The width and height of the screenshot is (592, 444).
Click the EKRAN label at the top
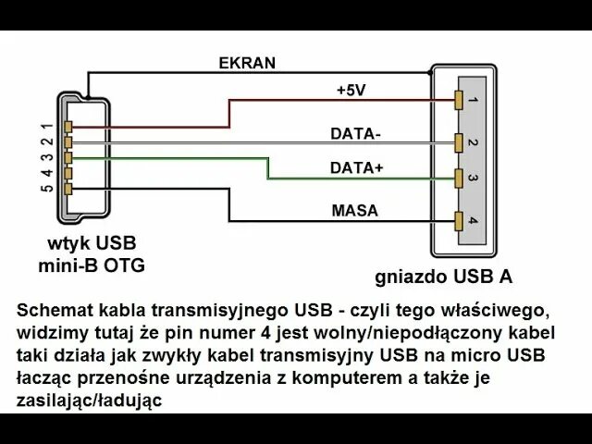pyautogui.click(x=247, y=63)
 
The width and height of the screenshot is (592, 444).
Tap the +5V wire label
pyautogui.click(x=352, y=91)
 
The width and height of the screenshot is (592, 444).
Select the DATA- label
pyautogui.click(x=355, y=133)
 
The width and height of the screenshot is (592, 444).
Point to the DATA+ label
pyautogui.click(x=356, y=168)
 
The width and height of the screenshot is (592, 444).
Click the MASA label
pyautogui.click(x=355, y=211)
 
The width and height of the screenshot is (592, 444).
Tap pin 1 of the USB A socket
pyautogui.click(x=460, y=99)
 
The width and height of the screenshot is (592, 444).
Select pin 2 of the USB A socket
pyautogui.click(x=460, y=142)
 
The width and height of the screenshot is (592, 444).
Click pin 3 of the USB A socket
pyautogui.click(x=460, y=179)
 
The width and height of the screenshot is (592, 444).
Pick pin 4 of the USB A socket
pyautogui.click(x=460, y=220)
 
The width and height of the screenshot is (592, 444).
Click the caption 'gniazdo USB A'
pyautogui.click(x=443, y=277)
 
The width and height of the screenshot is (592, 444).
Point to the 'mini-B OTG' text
pyautogui.click(x=92, y=266)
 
